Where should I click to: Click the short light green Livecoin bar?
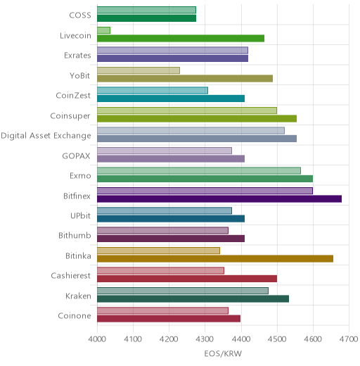tap(103, 30)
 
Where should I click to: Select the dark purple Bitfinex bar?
tap(219, 198)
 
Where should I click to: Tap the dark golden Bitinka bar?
tap(215, 259)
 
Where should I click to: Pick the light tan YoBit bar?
tap(139, 70)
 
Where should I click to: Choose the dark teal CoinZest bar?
tap(171, 99)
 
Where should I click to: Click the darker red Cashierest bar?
tap(187, 279)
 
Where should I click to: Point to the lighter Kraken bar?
tap(183, 291)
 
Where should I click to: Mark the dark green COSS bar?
tap(147, 18)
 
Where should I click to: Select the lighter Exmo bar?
tap(199, 170)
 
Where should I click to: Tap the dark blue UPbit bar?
tap(171, 219)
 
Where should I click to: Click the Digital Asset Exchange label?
tap(46, 136)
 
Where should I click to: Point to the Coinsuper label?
tap(70, 116)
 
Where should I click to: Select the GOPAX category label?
tap(76, 156)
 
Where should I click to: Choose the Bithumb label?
tap(75, 235)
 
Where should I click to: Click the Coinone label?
tap(75, 316)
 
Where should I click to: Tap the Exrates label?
tap(77, 56)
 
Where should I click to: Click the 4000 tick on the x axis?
tap(97, 339)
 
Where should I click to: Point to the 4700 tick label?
tap(349, 339)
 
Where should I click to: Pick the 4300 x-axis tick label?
tap(205, 339)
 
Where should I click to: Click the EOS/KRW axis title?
tap(223, 353)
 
